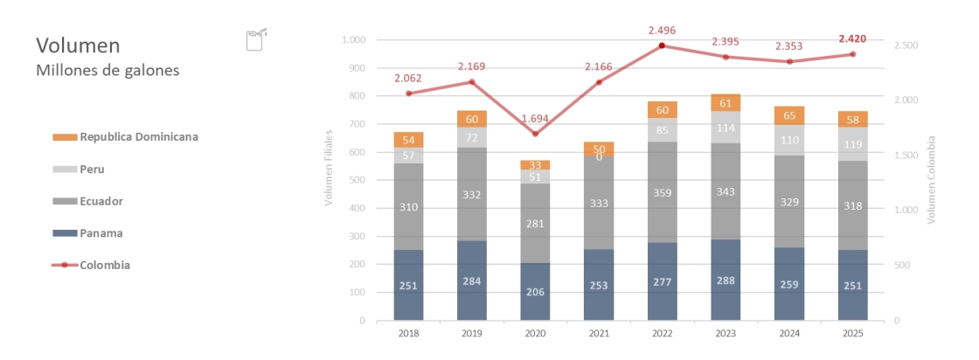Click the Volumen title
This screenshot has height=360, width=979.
click(x=79, y=45)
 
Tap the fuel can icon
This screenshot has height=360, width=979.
click(x=256, y=40)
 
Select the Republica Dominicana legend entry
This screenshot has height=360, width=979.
click(x=138, y=136)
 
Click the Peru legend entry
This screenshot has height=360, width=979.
click(x=92, y=169)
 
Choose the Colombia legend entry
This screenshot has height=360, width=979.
click(x=105, y=265)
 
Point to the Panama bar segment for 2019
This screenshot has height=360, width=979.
click(x=472, y=281)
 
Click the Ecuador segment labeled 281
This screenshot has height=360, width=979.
click(x=536, y=223)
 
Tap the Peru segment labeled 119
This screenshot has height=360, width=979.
click(x=853, y=144)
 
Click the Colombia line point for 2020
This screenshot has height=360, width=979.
click(x=536, y=134)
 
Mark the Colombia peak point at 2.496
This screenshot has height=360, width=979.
click(x=663, y=45)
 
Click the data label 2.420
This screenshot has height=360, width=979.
click(x=852, y=39)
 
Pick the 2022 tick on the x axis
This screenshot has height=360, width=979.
click(x=663, y=333)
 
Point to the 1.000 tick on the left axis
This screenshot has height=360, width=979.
click(x=354, y=40)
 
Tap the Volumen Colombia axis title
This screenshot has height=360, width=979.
click(x=932, y=179)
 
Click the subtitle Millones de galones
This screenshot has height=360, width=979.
click(x=108, y=71)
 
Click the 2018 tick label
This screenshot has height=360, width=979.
click(x=408, y=333)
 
